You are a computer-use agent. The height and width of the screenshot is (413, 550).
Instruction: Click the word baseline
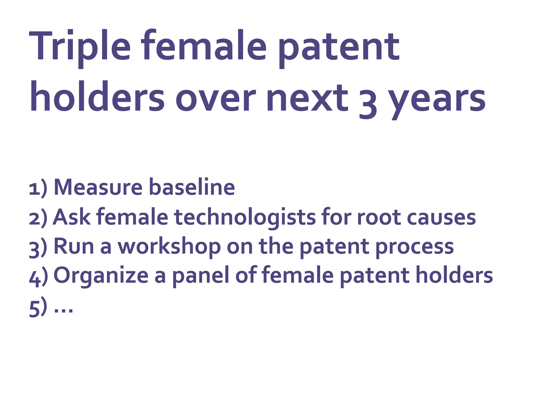[192, 187]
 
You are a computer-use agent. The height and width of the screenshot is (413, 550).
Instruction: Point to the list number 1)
[38, 188]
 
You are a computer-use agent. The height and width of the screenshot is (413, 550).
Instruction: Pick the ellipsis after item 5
[63, 311]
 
